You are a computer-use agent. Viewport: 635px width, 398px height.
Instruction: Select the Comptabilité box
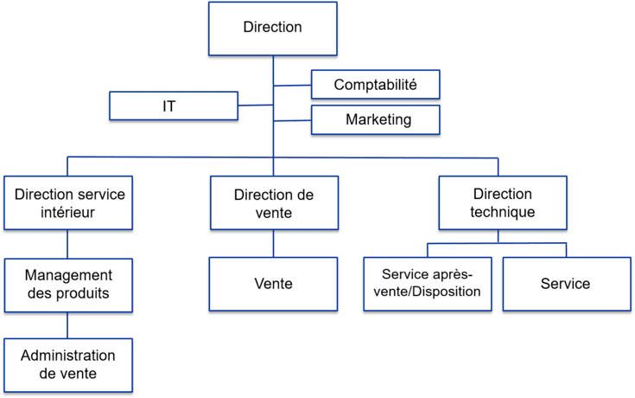pos(375,86)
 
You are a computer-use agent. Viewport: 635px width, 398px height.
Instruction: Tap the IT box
pos(173,106)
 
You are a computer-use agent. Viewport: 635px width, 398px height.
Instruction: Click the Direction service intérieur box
pos(69,203)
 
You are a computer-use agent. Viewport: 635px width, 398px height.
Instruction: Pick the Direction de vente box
pos(273,203)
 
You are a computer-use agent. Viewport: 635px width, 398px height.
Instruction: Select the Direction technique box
pos(502,203)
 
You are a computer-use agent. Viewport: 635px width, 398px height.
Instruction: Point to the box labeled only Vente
pos(273,284)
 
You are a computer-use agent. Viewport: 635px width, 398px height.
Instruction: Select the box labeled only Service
pos(565,284)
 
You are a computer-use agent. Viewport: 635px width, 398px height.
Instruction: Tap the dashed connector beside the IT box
pos(255,106)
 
